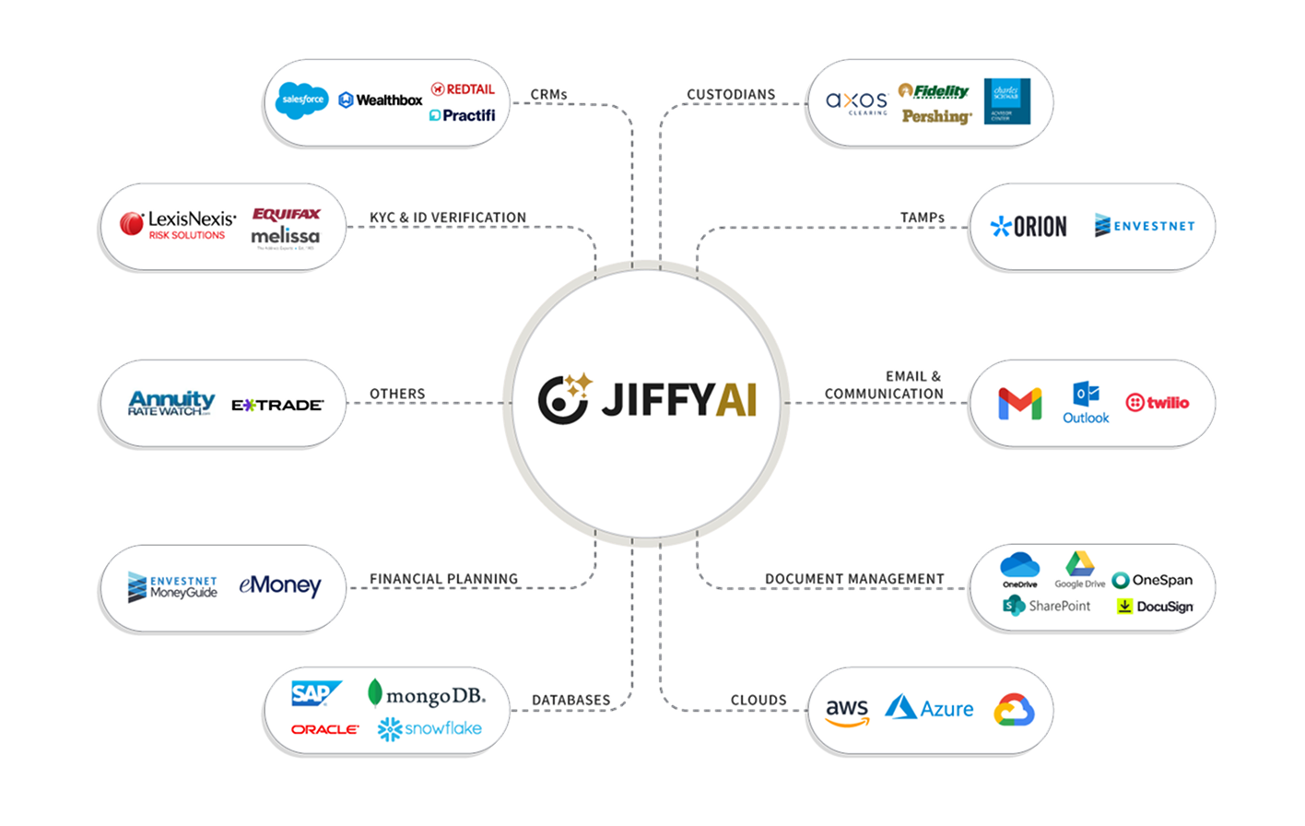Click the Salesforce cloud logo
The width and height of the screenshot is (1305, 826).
pos(302,99)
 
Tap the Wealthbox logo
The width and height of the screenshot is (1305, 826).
pos(381,100)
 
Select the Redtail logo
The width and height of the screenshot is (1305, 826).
pos(463,88)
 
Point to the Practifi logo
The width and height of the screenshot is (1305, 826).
pos(463,115)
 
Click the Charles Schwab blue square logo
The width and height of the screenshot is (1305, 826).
pos(1007,101)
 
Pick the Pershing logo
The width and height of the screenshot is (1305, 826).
pos(936,116)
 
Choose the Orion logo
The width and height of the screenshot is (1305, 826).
pos(1029,226)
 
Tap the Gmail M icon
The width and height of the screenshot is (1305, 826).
pos(1019,404)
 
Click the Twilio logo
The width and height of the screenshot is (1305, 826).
pos(1158,403)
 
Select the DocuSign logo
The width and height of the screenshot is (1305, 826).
pos(1155,607)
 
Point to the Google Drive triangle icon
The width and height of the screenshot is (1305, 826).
pos(1079,564)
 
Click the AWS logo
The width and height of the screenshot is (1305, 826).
pos(847,711)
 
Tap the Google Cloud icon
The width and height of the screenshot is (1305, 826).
pos(1014,711)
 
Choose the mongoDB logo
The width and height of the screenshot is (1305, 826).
pos(426,693)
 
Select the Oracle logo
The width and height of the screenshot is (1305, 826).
pos(324,729)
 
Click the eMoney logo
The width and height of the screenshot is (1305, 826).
pos(279,585)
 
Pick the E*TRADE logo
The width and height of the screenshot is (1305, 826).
pos(277,405)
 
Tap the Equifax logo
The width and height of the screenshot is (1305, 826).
pos(287,214)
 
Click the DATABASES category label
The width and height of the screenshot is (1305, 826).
pos(570,701)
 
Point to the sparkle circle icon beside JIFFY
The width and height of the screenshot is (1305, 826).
pos(564,400)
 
